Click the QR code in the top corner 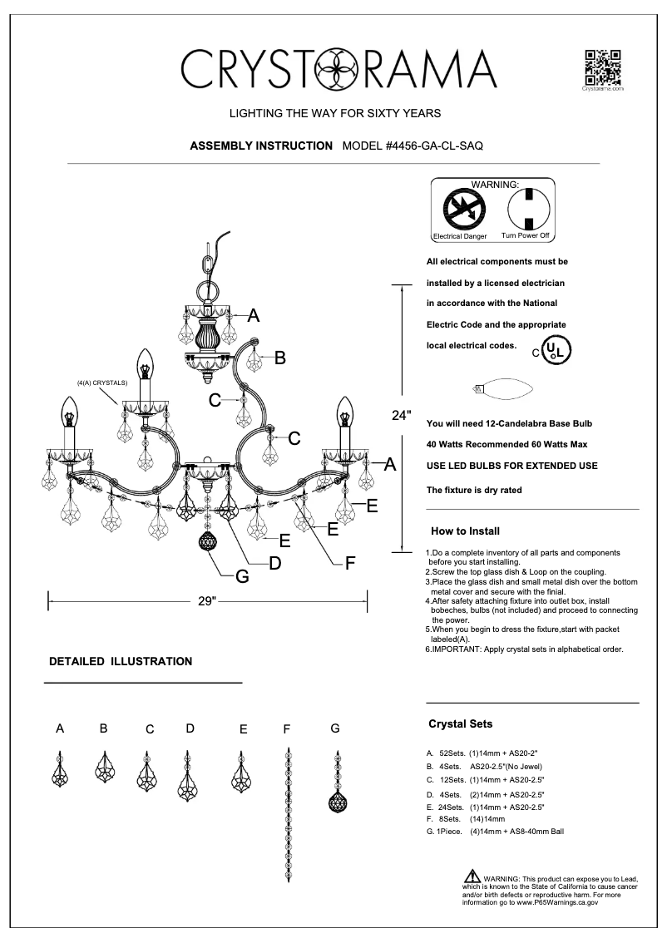coord(603,67)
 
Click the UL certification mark coord(556,350)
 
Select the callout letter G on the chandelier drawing coord(243,575)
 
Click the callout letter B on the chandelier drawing coord(280,358)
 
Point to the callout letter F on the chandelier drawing coord(350,563)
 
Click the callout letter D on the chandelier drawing coord(274,563)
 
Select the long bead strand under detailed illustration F coord(288,816)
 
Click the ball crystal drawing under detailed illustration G coord(336,803)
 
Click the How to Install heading coord(464,531)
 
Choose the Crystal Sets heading coord(460,723)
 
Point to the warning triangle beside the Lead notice coord(472,877)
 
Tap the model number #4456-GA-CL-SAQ coord(413,145)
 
